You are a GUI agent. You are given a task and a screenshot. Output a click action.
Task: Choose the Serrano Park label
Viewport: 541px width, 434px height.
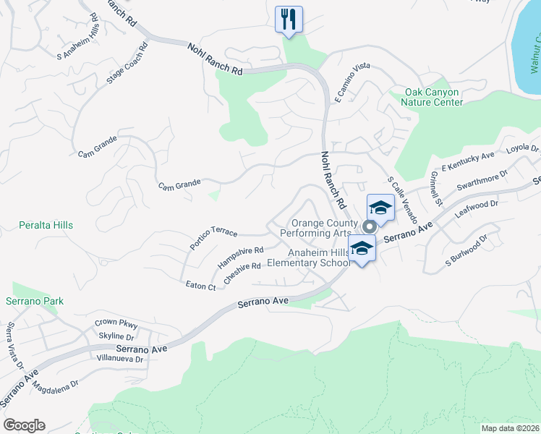(35, 302)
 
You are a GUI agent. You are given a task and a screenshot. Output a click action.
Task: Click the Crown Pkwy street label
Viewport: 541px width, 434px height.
(116, 323)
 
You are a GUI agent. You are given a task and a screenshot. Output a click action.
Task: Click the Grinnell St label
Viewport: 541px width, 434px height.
(435, 188)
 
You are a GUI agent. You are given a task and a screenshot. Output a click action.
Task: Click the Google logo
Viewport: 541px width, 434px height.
(24, 425)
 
